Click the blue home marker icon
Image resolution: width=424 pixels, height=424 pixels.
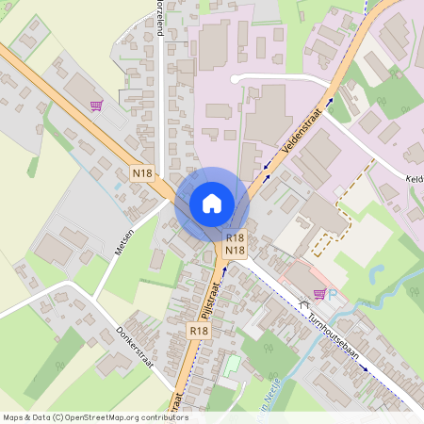(212, 203)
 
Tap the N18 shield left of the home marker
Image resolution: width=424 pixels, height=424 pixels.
(142, 173)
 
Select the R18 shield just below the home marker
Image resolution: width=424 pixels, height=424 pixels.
(236, 238)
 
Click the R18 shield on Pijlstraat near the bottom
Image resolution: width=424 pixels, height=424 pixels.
(198, 331)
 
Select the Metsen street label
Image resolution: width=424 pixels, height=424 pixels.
(122, 245)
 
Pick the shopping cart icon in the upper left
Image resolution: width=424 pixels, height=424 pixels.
(96, 106)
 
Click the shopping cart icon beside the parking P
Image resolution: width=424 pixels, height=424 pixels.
(319, 293)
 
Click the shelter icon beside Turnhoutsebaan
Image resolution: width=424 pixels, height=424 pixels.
(303, 303)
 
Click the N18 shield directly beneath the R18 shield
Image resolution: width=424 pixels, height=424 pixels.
(236, 251)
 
